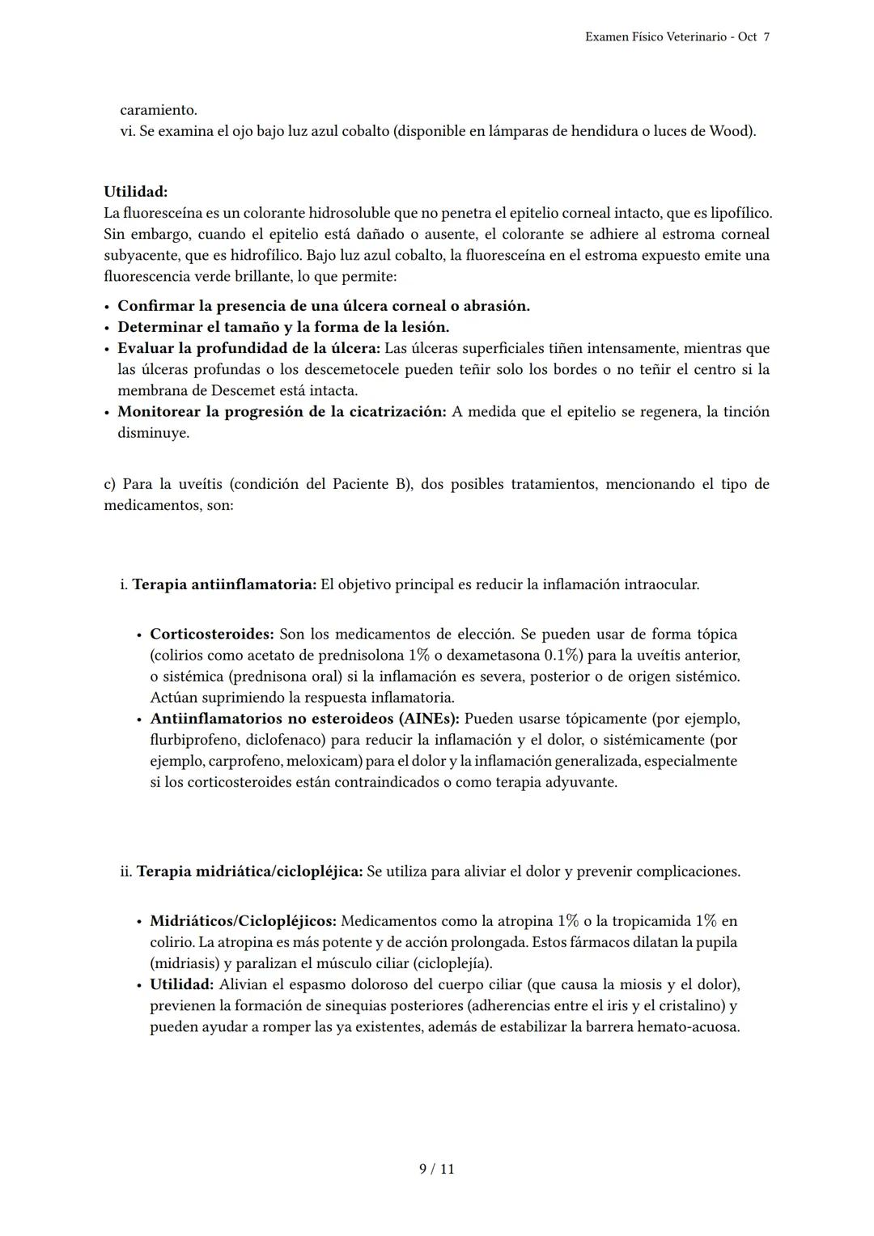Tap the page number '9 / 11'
click(436, 1169)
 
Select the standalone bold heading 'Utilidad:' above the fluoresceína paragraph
click(135, 192)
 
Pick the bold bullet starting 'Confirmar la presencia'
click(323, 306)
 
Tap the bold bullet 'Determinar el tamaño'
click(282, 327)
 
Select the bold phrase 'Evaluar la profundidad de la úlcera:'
click(248, 348)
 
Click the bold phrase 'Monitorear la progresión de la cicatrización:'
click(282, 411)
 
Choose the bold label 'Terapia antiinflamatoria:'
click(224, 584)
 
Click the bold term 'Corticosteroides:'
click(212, 634)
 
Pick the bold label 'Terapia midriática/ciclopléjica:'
click(249, 872)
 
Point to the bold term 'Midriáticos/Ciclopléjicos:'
click(243, 921)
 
